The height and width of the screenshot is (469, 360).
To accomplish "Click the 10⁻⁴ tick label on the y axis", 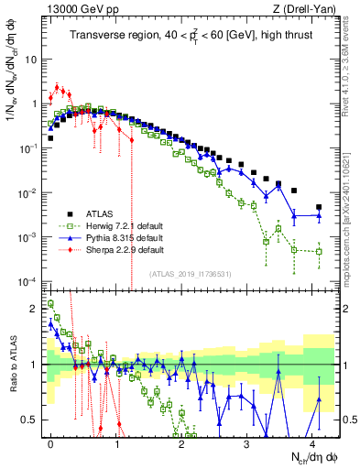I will pyautogui.click(x=30, y=281).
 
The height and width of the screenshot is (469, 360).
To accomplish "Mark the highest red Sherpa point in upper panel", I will pyautogui.click(x=58, y=88).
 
